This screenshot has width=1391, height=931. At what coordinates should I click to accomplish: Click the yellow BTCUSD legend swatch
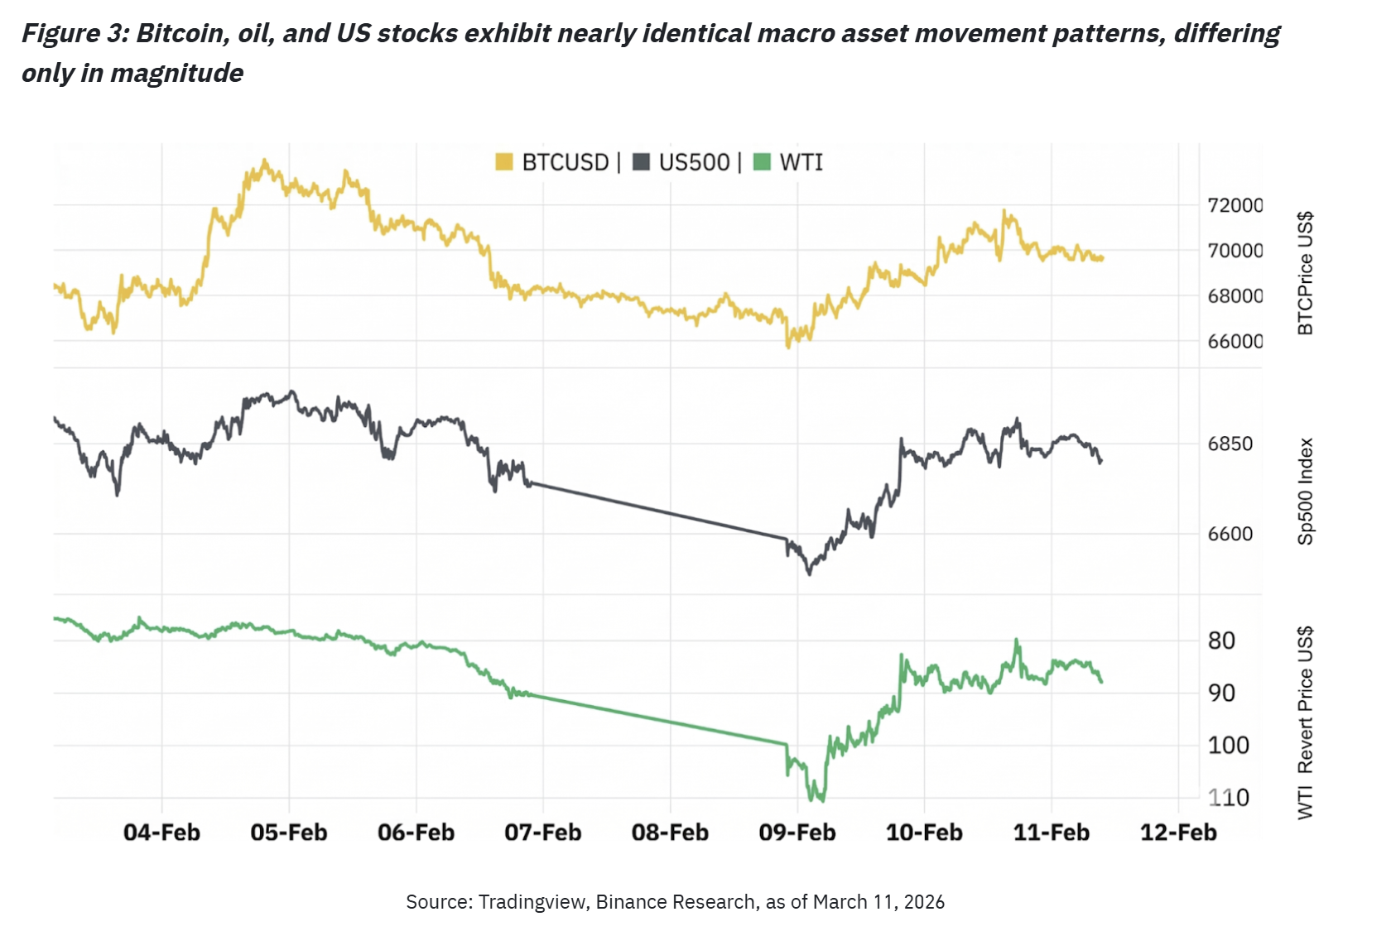coord(504,162)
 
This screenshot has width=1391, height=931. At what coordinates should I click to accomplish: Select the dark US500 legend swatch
coord(641,162)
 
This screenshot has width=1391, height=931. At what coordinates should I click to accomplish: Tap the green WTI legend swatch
coord(762,162)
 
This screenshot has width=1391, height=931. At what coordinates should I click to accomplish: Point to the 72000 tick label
coord(1235,205)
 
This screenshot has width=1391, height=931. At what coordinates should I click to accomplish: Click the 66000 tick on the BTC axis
coord(1235,341)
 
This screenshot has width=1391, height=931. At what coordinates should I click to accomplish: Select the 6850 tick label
coord(1230,444)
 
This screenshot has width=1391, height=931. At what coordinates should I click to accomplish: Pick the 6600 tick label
coord(1230,534)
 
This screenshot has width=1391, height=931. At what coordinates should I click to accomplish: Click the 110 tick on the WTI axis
coord(1228,798)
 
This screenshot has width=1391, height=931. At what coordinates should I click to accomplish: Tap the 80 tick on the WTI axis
coord(1221,641)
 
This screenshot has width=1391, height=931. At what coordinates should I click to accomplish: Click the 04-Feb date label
coord(162,833)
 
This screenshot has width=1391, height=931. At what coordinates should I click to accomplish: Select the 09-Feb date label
coord(797,833)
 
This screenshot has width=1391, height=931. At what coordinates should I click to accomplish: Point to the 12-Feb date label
coord(1178,833)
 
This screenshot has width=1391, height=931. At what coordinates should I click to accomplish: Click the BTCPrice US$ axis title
coord(1306,273)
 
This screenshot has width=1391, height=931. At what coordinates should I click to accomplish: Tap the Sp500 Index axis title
coord(1306,492)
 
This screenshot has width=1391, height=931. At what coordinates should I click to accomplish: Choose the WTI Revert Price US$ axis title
coord(1306,722)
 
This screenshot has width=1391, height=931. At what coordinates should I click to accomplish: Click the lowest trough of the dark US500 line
coord(809,573)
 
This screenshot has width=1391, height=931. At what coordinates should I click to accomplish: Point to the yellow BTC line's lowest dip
coord(788,347)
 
